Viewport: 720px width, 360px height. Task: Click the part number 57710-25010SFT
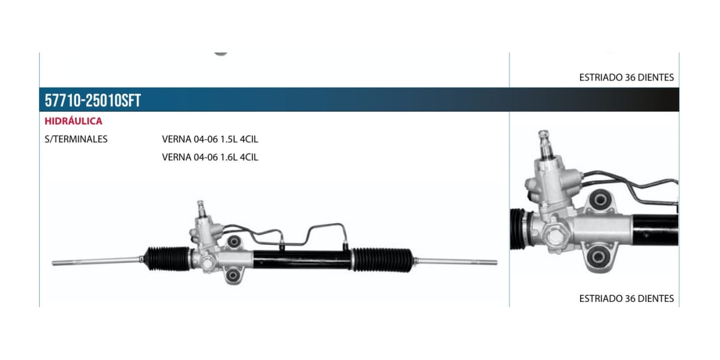coord(92,100)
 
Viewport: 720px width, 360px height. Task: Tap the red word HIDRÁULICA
coord(73,121)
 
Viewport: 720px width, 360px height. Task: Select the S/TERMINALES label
coord(76,139)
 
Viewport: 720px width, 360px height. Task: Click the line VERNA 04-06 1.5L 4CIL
coord(210,139)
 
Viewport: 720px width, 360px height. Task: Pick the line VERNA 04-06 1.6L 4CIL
coord(210,157)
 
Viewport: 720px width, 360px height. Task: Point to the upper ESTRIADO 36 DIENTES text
coord(626,77)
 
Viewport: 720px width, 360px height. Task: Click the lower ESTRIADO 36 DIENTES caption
coord(626,299)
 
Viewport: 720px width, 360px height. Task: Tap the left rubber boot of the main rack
coord(167,259)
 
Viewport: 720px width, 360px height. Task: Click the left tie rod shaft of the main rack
coord(97,262)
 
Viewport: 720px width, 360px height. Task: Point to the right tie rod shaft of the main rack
coord(456,262)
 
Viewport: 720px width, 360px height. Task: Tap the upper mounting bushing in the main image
coord(234,241)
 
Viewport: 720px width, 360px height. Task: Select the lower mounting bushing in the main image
coord(232,275)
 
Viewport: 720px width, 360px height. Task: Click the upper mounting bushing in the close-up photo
coord(600,200)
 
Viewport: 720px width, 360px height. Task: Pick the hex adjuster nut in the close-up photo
coord(554,236)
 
